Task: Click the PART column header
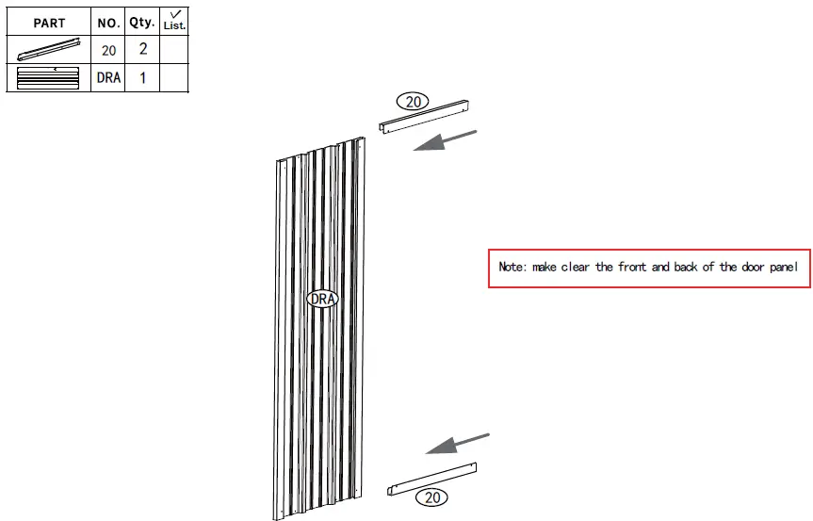pyautogui.click(x=49, y=23)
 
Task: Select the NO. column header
pyautogui.click(x=108, y=23)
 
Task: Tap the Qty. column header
pyautogui.click(x=142, y=21)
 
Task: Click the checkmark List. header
pyautogui.click(x=174, y=21)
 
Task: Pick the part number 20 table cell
pyautogui.click(x=108, y=50)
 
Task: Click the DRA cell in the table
pyautogui.click(x=108, y=78)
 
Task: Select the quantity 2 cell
pyautogui.click(x=142, y=50)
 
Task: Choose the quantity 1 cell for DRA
pyautogui.click(x=142, y=78)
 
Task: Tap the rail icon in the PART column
pyautogui.click(x=49, y=50)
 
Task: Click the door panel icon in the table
pyautogui.click(x=49, y=78)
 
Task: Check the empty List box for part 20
pyautogui.click(x=174, y=50)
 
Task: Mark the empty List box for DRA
pyautogui.click(x=174, y=78)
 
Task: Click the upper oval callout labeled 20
pyautogui.click(x=412, y=101)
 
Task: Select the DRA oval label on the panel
pyautogui.click(x=322, y=299)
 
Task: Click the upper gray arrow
pyautogui.click(x=444, y=141)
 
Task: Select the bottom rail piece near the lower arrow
pyautogui.click(x=432, y=478)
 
